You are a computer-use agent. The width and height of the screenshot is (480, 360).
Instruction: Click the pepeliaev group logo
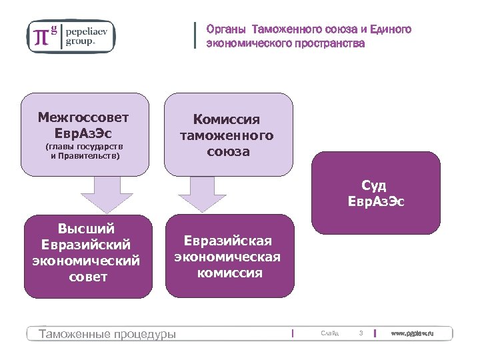coord(71,35)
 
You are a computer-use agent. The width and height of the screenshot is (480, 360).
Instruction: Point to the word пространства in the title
coord(333,43)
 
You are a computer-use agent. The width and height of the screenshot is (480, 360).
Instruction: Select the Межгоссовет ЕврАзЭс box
coord(83,134)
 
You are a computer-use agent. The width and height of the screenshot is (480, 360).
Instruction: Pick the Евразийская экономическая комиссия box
coord(227,256)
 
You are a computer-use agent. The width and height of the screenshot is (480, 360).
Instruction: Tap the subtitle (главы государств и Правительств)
coord(83,151)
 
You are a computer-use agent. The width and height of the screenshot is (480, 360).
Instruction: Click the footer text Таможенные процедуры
coord(107,333)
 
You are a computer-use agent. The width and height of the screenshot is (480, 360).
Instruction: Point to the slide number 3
coord(361,333)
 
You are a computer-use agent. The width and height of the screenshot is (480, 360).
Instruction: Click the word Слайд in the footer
coord(329,333)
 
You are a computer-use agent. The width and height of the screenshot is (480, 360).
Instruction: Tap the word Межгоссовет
coord(83,117)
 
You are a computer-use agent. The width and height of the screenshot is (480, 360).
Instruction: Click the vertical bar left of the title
coord(195,35)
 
